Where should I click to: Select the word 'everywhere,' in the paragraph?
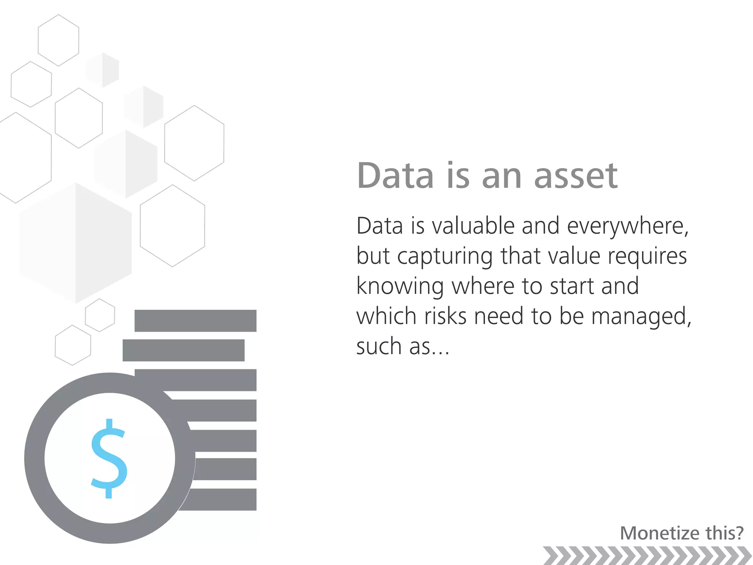(x=628, y=227)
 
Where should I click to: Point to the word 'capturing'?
(x=445, y=257)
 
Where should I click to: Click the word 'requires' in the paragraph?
(x=647, y=257)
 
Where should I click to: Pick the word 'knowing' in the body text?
(x=400, y=287)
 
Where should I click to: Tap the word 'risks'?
(x=445, y=316)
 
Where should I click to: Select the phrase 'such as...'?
(x=403, y=347)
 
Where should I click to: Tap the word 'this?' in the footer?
(x=724, y=533)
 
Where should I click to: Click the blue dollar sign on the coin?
(x=109, y=458)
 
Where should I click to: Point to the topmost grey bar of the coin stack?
(x=195, y=321)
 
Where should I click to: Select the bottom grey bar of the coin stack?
(x=221, y=500)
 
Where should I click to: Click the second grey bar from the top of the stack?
(x=183, y=350)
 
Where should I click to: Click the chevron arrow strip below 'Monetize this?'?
(x=647, y=555)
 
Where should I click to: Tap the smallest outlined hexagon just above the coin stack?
(x=100, y=315)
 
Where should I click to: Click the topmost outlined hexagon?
(x=58, y=40)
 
